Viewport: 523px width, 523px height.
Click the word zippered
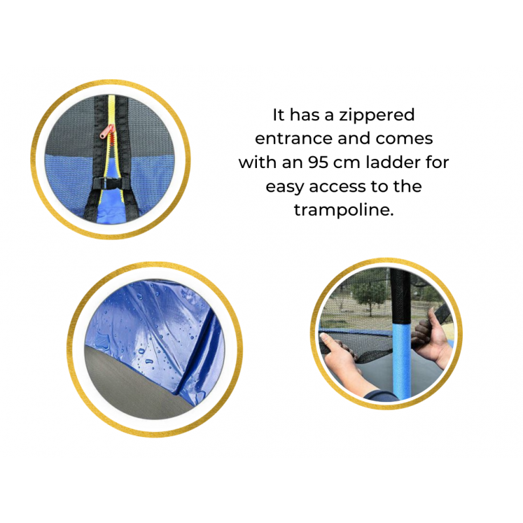click(377, 116)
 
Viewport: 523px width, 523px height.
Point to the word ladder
click(393, 162)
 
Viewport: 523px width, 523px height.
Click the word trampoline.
click(344, 210)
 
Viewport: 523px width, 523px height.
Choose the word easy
click(285, 187)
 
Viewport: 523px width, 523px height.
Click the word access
click(337, 186)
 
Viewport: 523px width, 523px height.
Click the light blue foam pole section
click(401, 360)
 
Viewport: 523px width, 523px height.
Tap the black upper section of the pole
click(400, 296)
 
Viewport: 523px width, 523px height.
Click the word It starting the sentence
click(278, 115)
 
